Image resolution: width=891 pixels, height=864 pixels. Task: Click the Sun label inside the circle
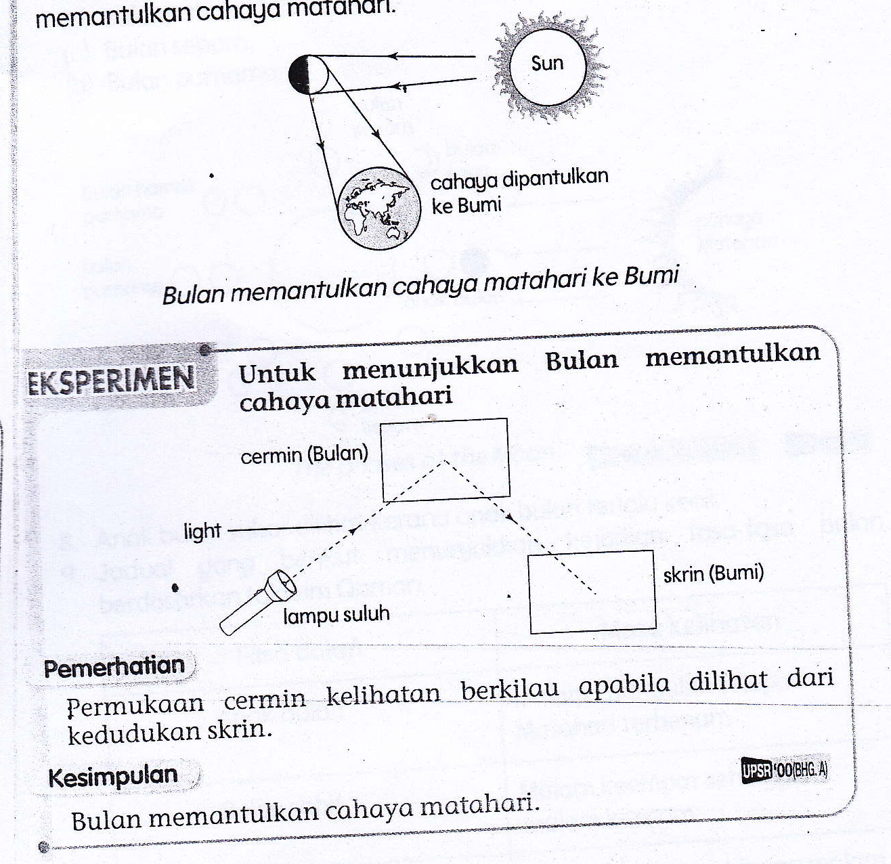pyautogui.click(x=547, y=64)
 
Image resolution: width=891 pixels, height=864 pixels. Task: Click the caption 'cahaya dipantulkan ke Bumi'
pyautogui.click(x=519, y=191)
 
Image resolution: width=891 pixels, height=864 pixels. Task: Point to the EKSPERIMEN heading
pyautogui.click(x=112, y=381)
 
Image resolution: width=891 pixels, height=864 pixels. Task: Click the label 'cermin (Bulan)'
pyautogui.click(x=305, y=454)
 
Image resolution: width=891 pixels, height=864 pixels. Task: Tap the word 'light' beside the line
pyautogui.click(x=202, y=532)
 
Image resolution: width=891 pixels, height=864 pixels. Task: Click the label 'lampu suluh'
pyautogui.click(x=336, y=615)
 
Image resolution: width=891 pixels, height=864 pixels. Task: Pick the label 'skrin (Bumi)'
pyautogui.click(x=713, y=574)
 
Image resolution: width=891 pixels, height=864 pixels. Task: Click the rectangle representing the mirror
pyautogui.click(x=445, y=460)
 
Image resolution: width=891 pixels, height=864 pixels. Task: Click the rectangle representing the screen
pyautogui.click(x=592, y=592)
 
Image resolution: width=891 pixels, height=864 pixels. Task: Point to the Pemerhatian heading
pyautogui.click(x=114, y=667)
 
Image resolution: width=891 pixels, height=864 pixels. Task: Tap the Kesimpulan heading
pyautogui.click(x=113, y=776)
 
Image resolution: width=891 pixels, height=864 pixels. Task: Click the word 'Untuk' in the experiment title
pyautogui.click(x=277, y=372)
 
